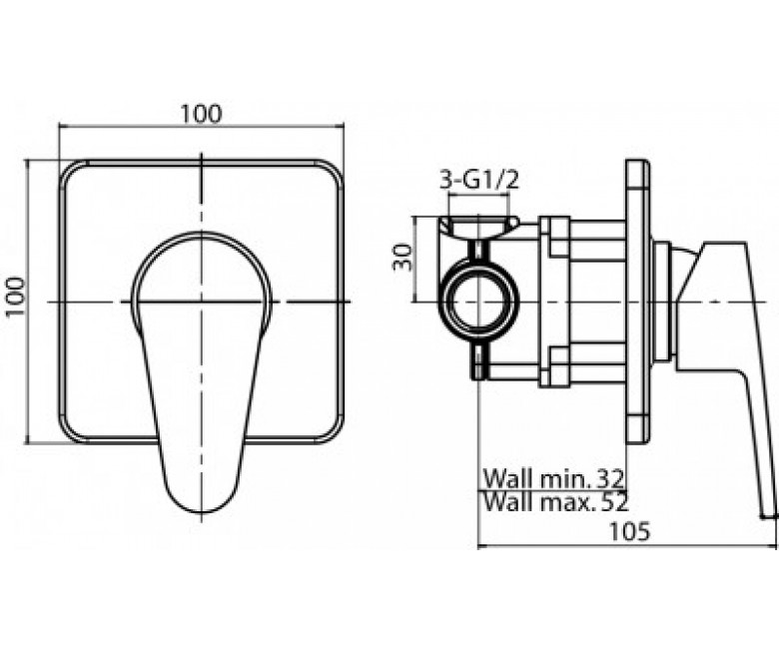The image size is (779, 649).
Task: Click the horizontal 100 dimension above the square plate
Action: pos(200,115)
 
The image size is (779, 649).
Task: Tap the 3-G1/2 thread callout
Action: pos(479,181)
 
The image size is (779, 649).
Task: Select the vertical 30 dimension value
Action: pos(402,257)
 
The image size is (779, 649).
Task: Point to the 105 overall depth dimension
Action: pos(629,532)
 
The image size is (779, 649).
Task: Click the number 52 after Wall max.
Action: pos(615,503)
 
